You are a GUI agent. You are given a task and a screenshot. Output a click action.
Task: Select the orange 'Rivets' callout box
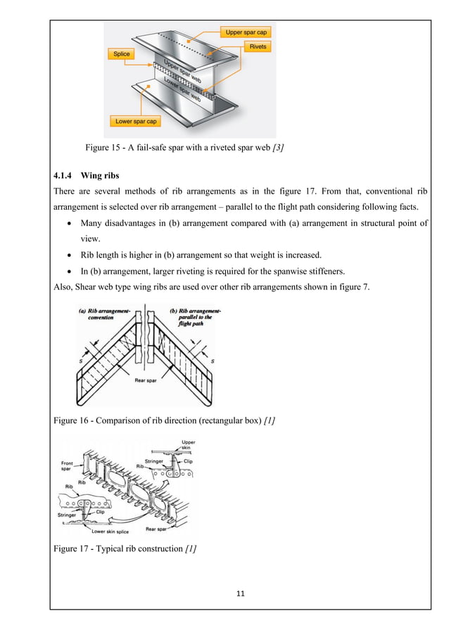click(255, 46)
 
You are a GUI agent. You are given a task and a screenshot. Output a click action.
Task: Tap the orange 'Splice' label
click(121, 54)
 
